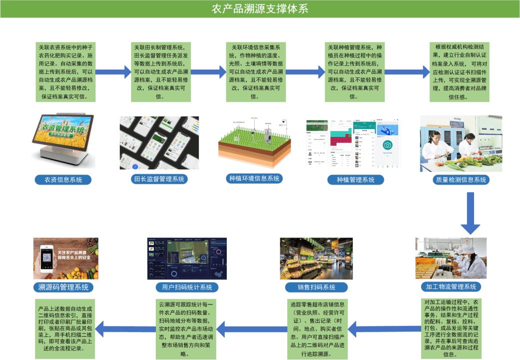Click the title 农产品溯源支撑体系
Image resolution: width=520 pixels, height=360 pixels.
260,9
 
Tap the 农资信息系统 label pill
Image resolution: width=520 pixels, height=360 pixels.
63,179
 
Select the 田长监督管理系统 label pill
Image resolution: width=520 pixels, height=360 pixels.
159,178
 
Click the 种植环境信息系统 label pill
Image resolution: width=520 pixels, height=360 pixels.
254,178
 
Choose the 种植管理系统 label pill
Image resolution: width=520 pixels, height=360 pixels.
355,179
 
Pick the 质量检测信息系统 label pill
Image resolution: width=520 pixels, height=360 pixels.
461,179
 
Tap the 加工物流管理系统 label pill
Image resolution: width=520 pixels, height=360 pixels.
451,286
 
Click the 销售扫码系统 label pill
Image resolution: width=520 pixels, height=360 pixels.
316,287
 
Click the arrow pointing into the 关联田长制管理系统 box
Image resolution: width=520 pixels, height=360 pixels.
113,72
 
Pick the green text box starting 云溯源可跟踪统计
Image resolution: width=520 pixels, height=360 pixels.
186,328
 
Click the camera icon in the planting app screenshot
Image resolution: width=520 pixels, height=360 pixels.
387,145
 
